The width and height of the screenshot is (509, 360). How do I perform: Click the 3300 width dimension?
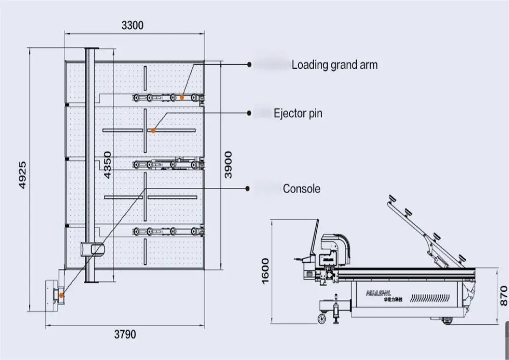click(x=133, y=24)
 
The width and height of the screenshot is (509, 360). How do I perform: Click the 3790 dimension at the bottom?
click(x=125, y=335)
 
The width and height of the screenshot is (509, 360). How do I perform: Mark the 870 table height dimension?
click(x=503, y=295)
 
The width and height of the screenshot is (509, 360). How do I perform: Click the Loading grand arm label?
click(x=334, y=65)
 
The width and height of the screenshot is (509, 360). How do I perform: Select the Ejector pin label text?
click(x=298, y=113)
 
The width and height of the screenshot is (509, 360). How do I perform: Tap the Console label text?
click(x=301, y=188)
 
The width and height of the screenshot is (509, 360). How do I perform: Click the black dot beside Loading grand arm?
click(x=249, y=65)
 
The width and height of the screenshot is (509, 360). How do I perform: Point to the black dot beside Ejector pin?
click(x=249, y=113)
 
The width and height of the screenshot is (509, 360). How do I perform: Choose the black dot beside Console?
click(x=248, y=188)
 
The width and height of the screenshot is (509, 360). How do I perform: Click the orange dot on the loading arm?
click(x=181, y=97)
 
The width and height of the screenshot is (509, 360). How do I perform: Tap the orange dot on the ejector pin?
click(x=153, y=131)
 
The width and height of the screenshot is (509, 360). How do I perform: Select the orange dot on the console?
click(x=61, y=295)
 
